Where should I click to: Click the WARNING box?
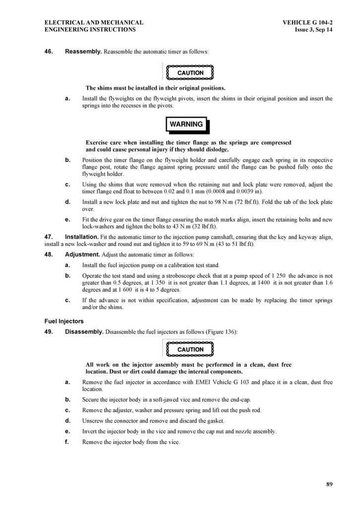pyautogui.click(x=186, y=124)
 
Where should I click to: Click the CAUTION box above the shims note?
pyautogui.click(x=190, y=72)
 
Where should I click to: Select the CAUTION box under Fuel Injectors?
pyautogui.click(x=190, y=349)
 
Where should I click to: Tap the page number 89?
pyautogui.click(x=329, y=484)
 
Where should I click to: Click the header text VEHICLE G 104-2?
pyautogui.click(x=307, y=22)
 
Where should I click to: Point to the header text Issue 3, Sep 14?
pyautogui.click(x=313, y=30)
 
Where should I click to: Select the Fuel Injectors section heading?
pyautogui.click(x=64, y=321)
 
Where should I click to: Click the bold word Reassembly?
pyautogui.click(x=83, y=52)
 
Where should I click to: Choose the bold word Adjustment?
pyautogui.click(x=82, y=254)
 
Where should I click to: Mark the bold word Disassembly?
pyautogui.click(x=84, y=331)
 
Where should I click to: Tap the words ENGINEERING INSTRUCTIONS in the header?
pyautogui.click(x=90, y=30)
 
